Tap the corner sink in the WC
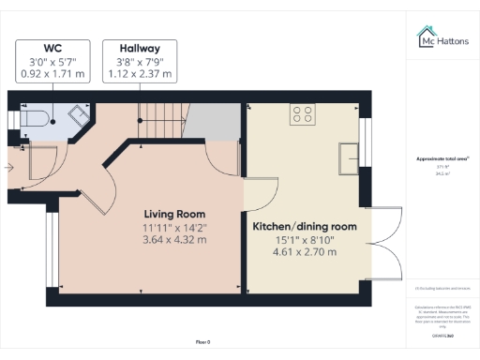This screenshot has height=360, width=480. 74,114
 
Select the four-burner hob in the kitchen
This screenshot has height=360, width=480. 303,115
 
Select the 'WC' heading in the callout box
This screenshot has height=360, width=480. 53,48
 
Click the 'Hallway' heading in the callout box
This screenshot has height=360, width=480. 139,48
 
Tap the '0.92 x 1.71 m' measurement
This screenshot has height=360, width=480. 53,73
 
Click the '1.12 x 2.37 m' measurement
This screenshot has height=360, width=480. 139,73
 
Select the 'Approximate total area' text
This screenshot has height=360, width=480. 442,159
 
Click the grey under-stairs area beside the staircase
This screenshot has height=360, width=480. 217,121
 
